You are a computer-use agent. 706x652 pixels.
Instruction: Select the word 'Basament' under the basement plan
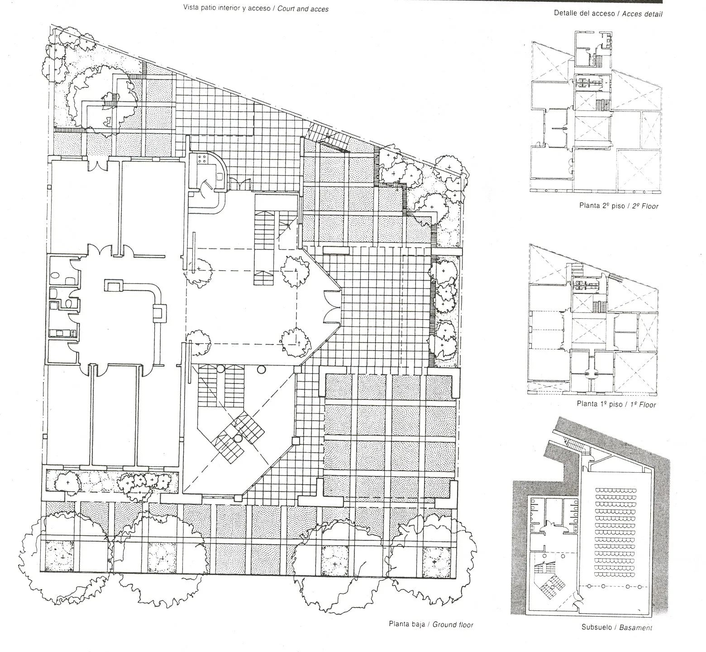(635, 628)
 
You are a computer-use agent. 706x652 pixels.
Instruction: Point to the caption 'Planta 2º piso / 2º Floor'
(619, 206)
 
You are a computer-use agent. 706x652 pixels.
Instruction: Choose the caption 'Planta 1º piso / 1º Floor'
(616, 404)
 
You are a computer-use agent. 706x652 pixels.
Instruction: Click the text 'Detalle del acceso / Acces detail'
(608, 14)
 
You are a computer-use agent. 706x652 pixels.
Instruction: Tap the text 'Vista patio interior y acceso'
(227, 8)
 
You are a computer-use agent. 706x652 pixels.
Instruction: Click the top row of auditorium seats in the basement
(616, 490)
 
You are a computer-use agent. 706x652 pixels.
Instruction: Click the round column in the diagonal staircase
(238, 438)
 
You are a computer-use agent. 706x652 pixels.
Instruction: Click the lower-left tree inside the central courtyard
(198, 345)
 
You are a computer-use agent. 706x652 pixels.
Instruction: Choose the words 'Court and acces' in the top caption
(303, 9)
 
